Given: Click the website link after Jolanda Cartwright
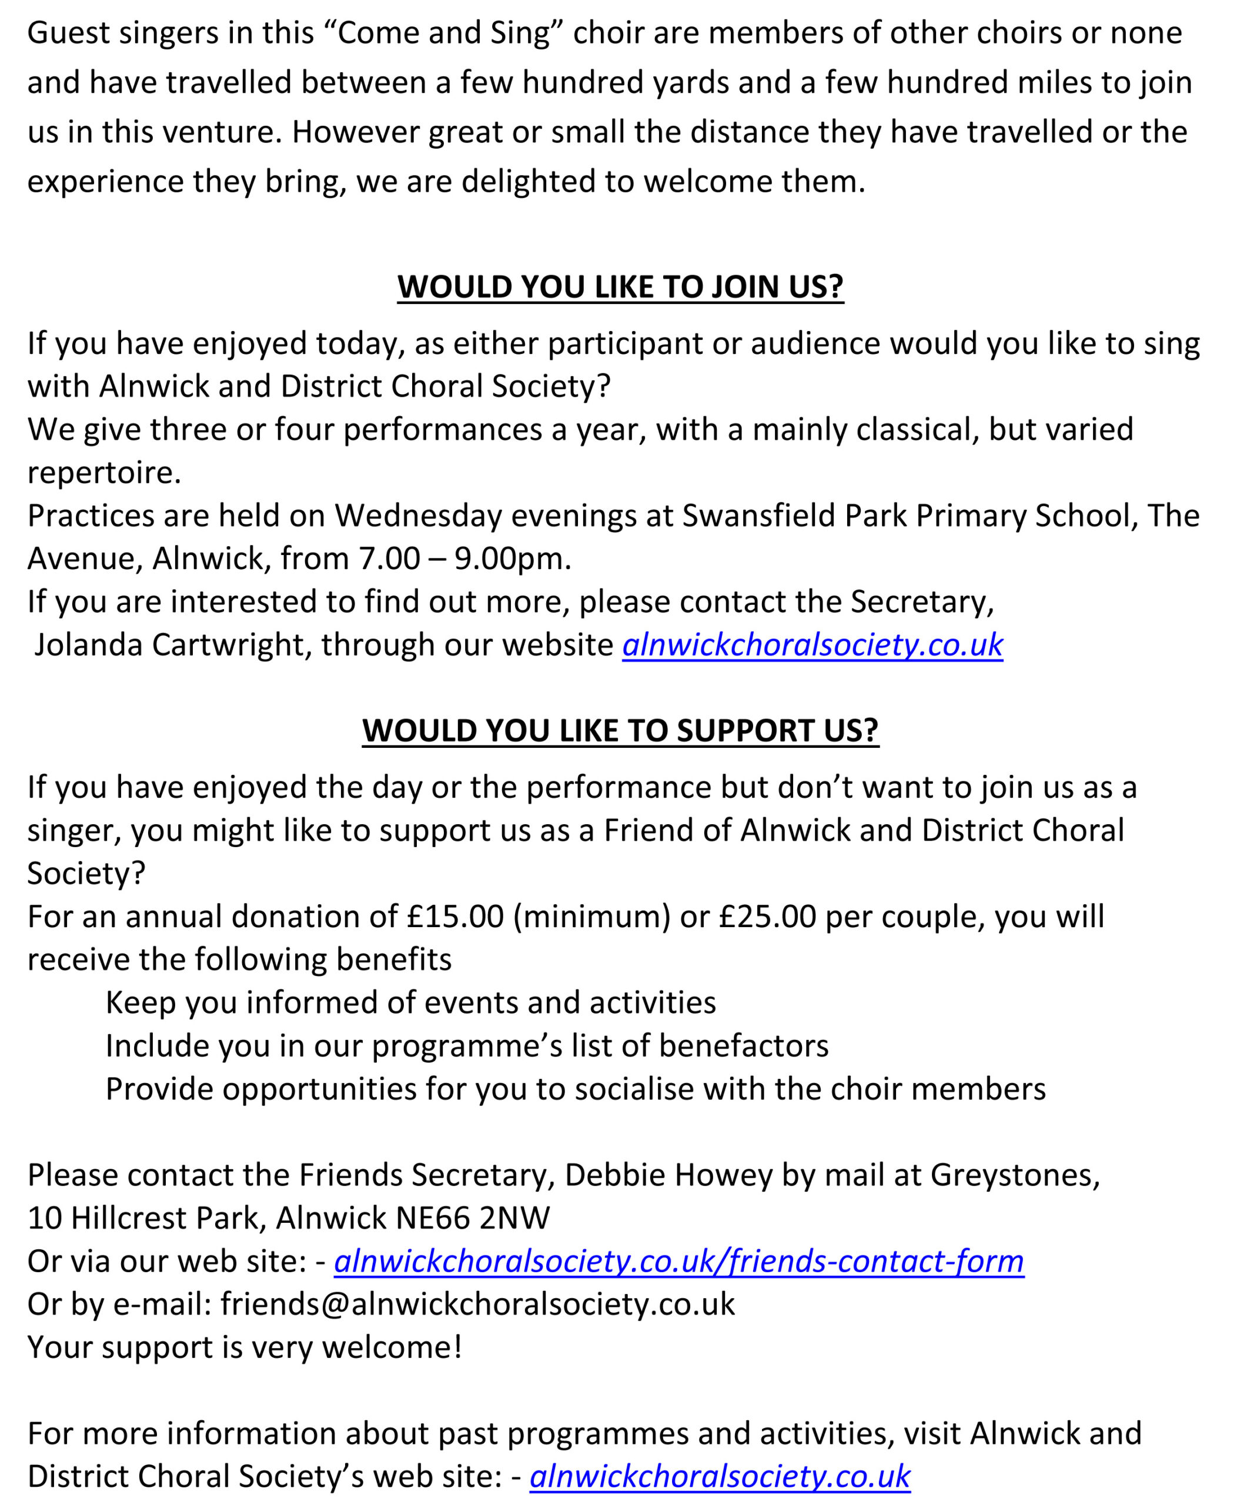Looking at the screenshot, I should [813, 645].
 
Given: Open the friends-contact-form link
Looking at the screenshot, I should [679, 1261].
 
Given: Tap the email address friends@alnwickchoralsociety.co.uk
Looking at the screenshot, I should [477, 1304].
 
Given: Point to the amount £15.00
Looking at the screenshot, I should [455, 917].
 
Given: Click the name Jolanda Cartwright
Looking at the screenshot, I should [169, 645].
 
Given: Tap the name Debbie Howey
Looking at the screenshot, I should [668, 1175].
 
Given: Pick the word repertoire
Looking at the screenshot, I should [104, 473].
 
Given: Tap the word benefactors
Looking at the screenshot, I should [743, 1046].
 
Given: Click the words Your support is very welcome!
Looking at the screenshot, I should [245, 1347].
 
